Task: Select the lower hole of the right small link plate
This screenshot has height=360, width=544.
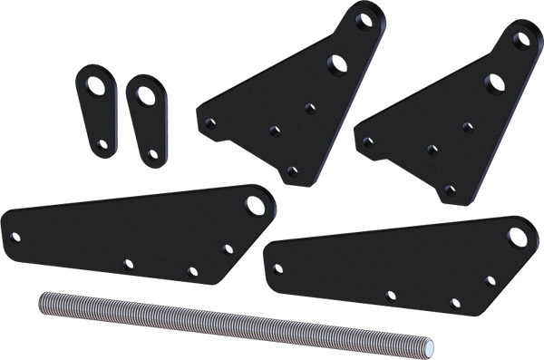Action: point(148,150)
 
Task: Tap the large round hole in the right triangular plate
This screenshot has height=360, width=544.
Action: point(494,81)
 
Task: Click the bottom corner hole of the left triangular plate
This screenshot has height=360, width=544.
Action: point(291,170)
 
